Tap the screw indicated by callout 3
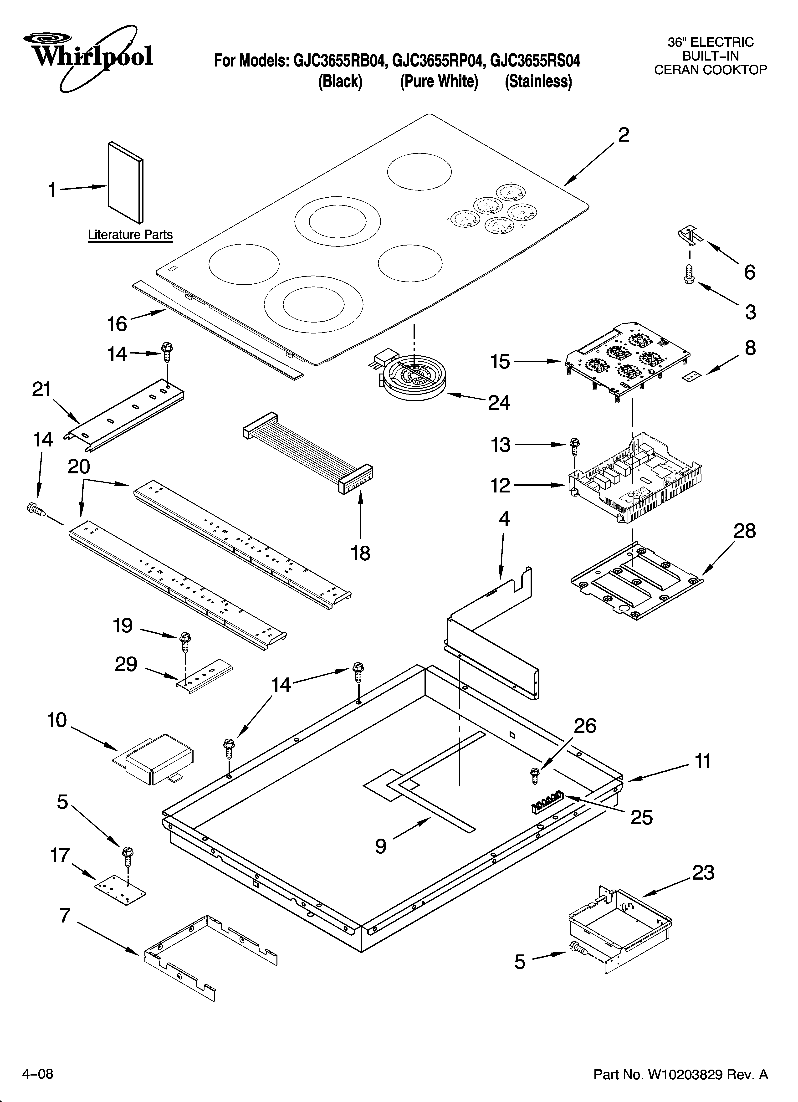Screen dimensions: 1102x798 click(x=689, y=274)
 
